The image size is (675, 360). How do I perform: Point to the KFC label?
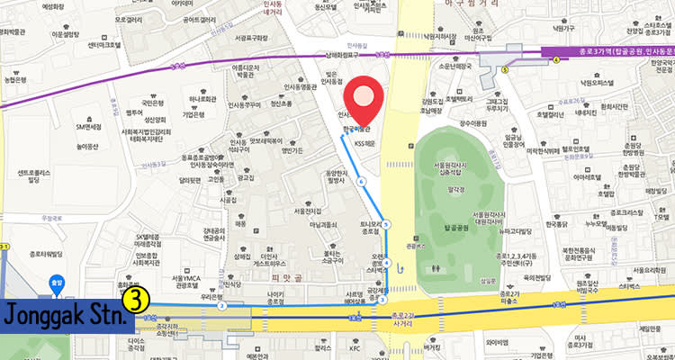coord(355,347)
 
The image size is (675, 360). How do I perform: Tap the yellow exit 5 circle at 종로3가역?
coord(506,68)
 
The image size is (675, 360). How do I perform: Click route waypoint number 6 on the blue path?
coord(361,182)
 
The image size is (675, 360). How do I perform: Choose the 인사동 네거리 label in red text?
coord(269,24)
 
